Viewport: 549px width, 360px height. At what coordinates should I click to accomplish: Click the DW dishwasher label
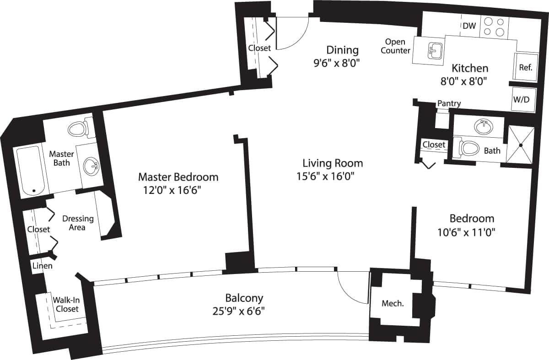click(x=469, y=26)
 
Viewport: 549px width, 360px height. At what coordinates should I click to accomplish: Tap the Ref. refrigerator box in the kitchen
click(x=525, y=67)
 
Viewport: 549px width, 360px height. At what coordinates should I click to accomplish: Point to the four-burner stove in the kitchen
click(x=494, y=26)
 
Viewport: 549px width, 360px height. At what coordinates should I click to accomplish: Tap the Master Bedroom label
click(x=178, y=177)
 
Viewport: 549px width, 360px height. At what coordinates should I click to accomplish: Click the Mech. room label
click(x=393, y=303)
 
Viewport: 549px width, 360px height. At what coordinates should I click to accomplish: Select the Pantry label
click(x=449, y=104)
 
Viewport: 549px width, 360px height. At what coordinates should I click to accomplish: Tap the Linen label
click(x=42, y=266)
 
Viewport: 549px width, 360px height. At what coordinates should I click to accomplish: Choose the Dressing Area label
click(x=78, y=223)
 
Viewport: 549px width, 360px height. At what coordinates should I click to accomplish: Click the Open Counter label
click(x=395, y=46)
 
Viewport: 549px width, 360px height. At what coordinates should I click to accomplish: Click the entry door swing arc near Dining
click(x=295, y=37)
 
